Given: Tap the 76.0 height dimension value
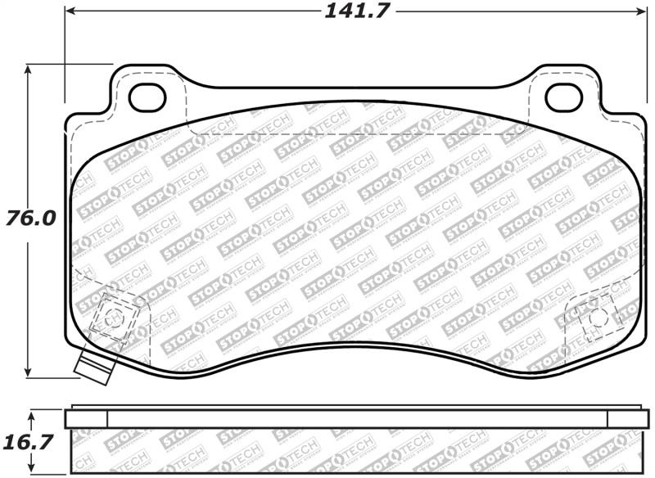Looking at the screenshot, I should [30, 219].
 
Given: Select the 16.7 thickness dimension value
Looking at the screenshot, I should [30, 443].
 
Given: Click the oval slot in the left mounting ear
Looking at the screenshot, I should [148, 97].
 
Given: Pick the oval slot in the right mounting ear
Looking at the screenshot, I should [563, 97].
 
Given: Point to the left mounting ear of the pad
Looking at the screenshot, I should [147, 90].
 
